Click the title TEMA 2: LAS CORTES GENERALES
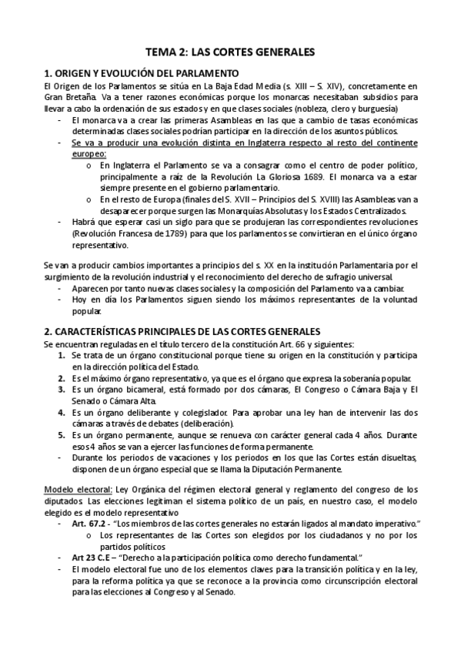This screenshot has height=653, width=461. click(x=231, y=52)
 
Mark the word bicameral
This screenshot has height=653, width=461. click(x=135, y=389)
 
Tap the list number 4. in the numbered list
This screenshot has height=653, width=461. click(x=62, y=412)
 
